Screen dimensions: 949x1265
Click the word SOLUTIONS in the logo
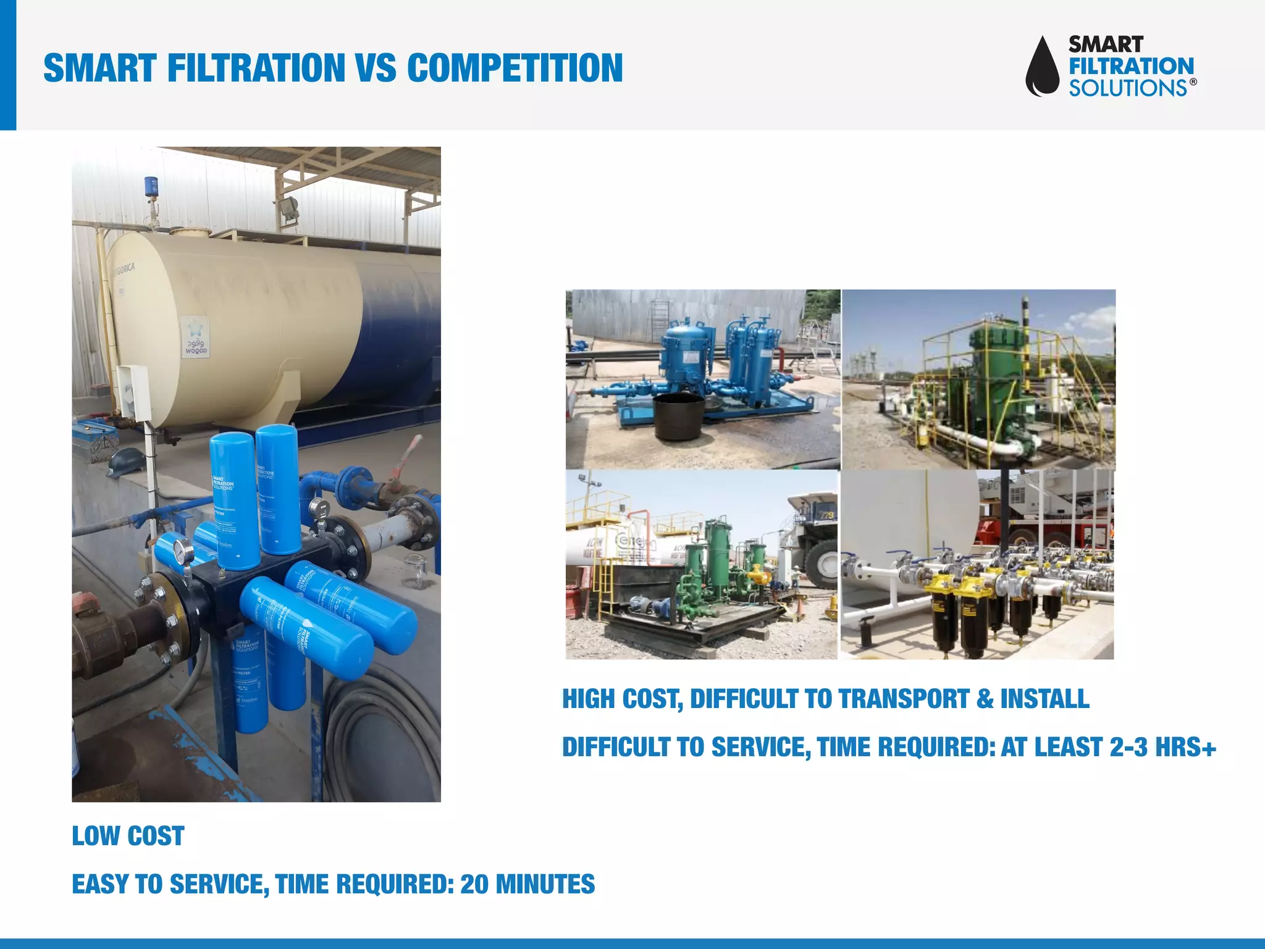(x=1128, y=88)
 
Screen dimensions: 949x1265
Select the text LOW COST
(x=128, y=836)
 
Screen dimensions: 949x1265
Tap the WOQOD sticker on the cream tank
(x=196, y=337)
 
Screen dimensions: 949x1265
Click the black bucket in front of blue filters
(x=679, y=417)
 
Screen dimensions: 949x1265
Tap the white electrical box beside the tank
(x=134, y=391)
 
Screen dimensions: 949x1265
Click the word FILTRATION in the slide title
(x=256, y=68)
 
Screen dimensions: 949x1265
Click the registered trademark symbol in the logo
(x=1193, y=82)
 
